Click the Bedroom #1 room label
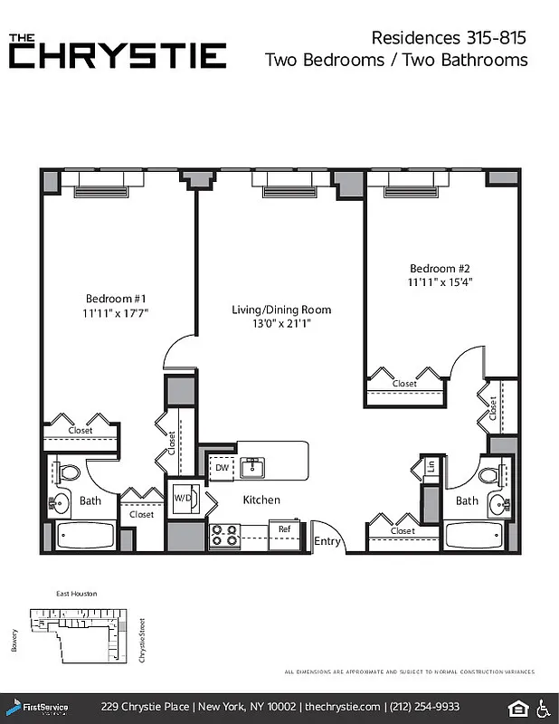pyautogui.click(x=116, y=299)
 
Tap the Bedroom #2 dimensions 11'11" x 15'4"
pyautogui.click(x=441, y=282)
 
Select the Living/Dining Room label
pyautogui.click(x=281, y=310)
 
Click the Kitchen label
pyautogui.click(x=261, y=500)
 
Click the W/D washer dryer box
pyautogui.click(x=181, y=499)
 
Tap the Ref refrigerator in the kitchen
pyautogui.click(x=283, y=529)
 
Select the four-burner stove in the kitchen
pyautogui.click(x=223, y=536)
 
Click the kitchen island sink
pyautogui.click(x=252, y=468)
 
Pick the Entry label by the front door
pyautogui.click(x=327, y=542)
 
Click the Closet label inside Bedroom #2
pyautogui.click(x=404, y=384)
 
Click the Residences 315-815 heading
pyautogui.click(x=449, y=38)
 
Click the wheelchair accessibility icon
pyautogui.click(x=545, y=707)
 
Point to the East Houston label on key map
pyautogui.click(x=76, y=594)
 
